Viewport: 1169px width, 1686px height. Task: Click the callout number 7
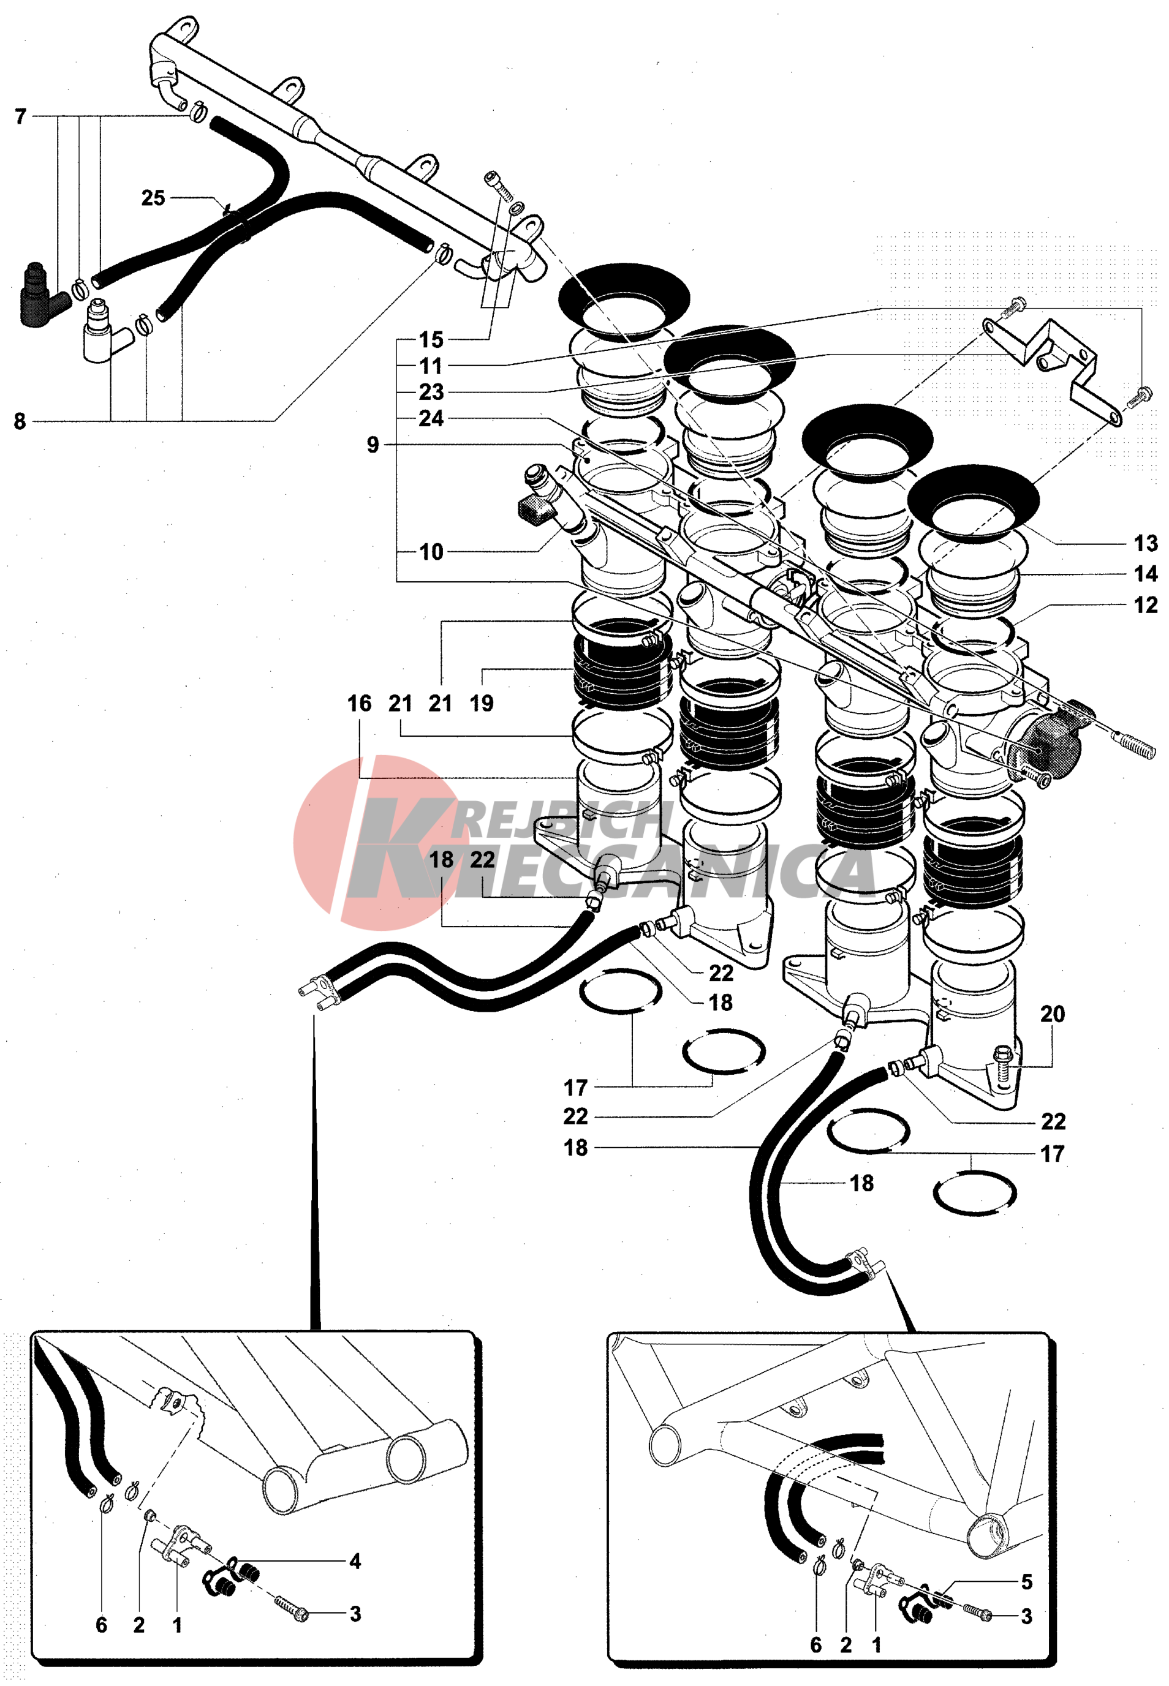pos(20,116)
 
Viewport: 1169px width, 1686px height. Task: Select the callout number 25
pos(153,198)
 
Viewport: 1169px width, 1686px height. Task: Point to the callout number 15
pos(431,340)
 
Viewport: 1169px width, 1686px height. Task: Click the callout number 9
pos(373,445)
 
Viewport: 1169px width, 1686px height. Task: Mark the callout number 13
pos(1145,543)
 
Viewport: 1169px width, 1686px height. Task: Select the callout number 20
pos(1052,1014)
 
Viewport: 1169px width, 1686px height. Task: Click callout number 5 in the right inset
pos(1026,1582)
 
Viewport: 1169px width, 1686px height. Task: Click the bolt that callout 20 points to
pos(1004,1060)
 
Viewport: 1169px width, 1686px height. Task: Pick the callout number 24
pos(431,418)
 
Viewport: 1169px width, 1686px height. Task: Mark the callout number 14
pos(1145,574)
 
